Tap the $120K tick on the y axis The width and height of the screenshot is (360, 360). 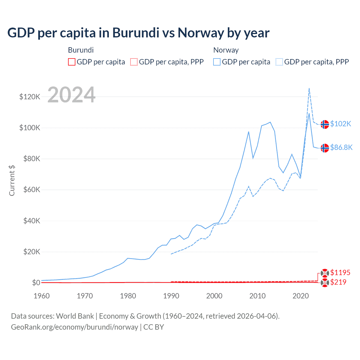point(30,97)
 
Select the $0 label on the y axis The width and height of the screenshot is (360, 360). point(36,283)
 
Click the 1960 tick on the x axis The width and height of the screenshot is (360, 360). point(42,296)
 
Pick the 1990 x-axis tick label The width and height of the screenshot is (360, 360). point(171,296)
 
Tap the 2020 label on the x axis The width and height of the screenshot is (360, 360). point(301,296)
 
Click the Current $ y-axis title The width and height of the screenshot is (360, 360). point(12,180)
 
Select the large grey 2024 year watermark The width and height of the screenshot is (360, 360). point(71,95)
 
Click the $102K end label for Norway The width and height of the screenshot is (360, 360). point(341,124)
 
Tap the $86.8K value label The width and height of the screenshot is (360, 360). point(341,147)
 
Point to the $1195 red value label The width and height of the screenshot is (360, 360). point(340,273)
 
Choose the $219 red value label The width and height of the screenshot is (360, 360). point(338,282)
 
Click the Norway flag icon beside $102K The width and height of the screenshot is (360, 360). point(325,124)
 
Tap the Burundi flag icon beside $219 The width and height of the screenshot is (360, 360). point(325,283)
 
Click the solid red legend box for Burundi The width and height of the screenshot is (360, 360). point(72,62)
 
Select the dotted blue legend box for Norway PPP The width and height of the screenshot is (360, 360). point(279,62)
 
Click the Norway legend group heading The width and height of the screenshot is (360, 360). point(226,50)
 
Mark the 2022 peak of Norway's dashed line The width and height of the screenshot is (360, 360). point(309,88)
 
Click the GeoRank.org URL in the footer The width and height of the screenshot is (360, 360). point(75,327)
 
